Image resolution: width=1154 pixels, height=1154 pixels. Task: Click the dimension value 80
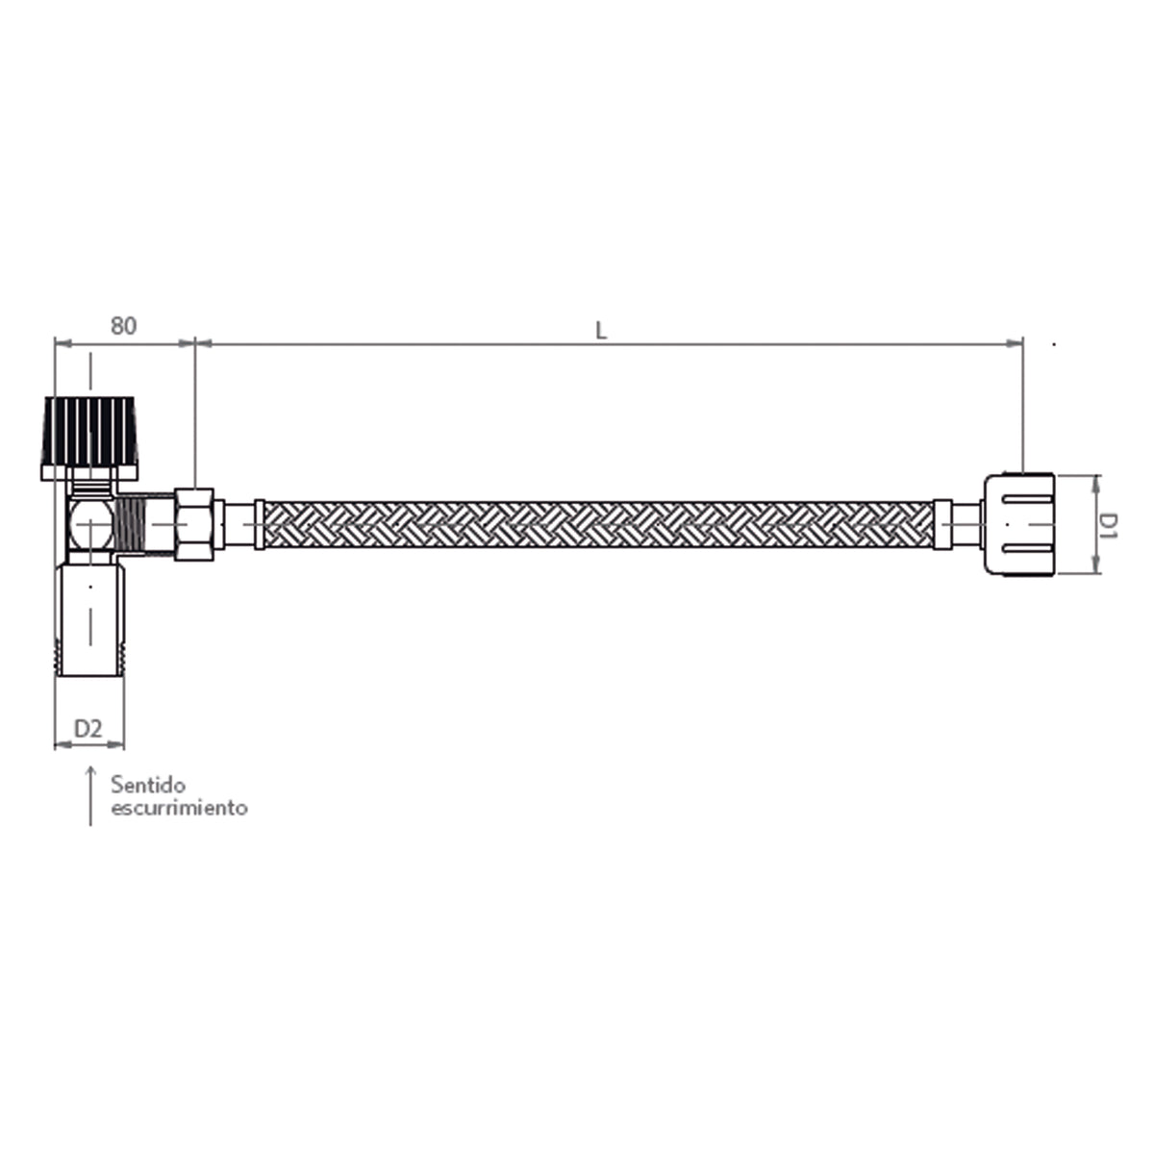click(122, 325)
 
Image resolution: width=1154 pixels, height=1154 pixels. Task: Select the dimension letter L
click(601, 330)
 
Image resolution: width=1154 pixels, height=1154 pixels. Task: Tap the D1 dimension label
click(1109, 524)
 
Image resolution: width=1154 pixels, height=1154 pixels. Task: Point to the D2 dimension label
click(88, 728)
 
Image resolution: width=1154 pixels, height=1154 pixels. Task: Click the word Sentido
click(148, 786)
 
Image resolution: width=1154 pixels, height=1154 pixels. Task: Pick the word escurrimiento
click(179, 808)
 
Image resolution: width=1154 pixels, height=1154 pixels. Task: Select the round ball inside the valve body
click(90, 525)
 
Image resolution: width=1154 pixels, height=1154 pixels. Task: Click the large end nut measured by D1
click(1020, 524)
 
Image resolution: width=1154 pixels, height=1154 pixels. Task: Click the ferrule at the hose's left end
click(259, 525)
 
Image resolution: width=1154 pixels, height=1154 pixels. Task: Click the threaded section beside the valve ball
click(143, 524)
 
